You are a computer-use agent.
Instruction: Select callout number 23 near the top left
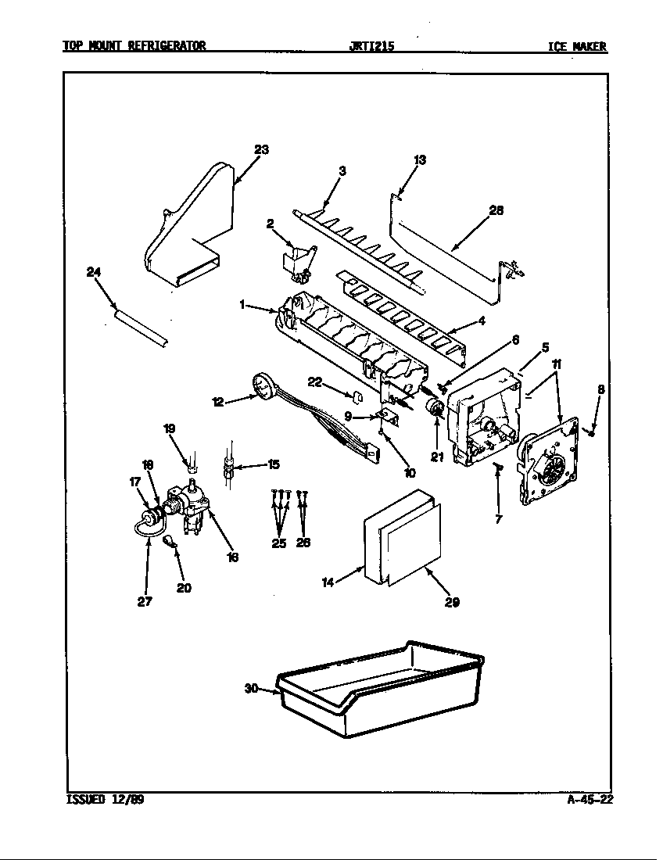point(261,150)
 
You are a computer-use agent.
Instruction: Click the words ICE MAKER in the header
point(577,46)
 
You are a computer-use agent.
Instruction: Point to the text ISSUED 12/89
point(102,800)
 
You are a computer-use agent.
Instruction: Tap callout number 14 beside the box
point(328,582)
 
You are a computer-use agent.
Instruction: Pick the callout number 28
point(496,210)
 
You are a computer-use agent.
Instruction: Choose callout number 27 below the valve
point(144,601)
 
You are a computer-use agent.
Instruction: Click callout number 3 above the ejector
point(342,170)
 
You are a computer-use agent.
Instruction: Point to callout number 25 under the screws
point(279,543)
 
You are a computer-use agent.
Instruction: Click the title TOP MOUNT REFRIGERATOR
point(134,46)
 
